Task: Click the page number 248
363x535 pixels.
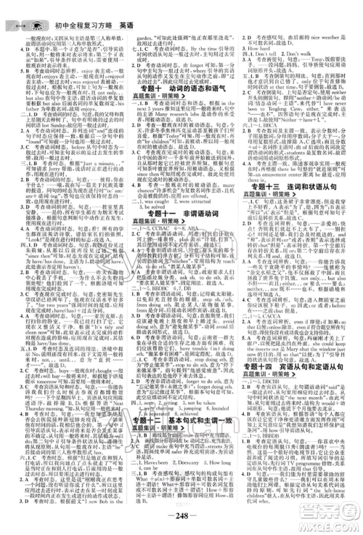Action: pyautogui.click(x=181, y=518)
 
